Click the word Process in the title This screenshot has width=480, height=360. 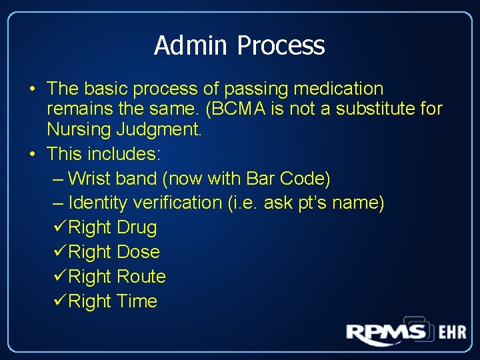(x=280, y=45)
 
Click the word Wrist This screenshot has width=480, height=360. (x=90, y=178)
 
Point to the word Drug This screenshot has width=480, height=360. (x=137, y=227)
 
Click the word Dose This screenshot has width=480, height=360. (x=138, y=252)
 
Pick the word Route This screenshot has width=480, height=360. (x=141, y=276)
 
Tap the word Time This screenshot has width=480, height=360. (x=137, y=301)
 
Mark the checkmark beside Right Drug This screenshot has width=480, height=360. (x=59, y=227)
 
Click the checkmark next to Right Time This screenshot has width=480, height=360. (x=59, y=301)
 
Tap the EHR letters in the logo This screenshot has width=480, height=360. (x=452, y=332)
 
